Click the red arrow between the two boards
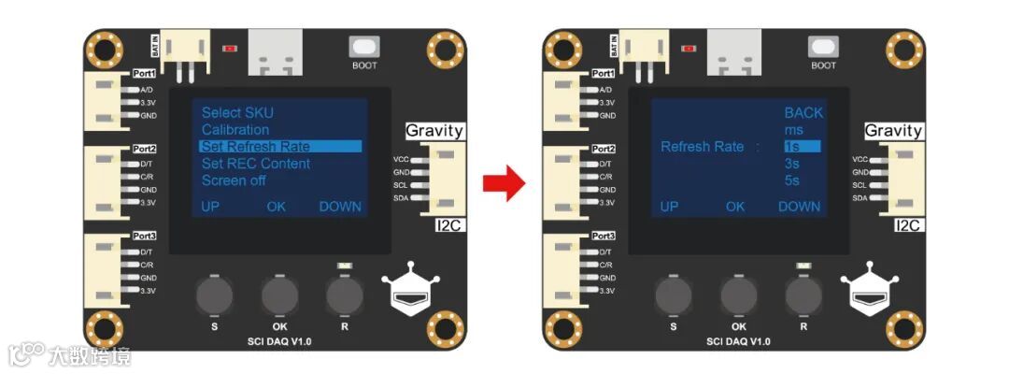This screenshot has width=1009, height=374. pos(504,182)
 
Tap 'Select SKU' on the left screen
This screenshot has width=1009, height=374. pos(237,113)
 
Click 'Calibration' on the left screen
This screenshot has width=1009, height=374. pos(235,130)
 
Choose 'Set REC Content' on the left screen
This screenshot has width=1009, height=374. pos(256,164)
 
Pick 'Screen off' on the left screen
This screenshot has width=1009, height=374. pos(234,180)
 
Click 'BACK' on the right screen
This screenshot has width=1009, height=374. pos(803,113)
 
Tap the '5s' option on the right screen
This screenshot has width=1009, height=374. pos(792,180)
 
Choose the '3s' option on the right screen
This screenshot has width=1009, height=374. pos(792,164)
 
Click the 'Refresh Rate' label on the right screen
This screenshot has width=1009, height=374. pos(703,147)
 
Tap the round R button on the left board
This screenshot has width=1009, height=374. pos(345,296)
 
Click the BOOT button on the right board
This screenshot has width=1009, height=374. pos(823,46)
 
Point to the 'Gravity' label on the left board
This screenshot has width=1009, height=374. pos(434,131)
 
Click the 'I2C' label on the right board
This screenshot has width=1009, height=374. pos(908,225)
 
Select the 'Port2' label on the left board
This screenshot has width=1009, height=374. pos(144,149)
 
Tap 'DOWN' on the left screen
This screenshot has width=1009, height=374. pos(340,207)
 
